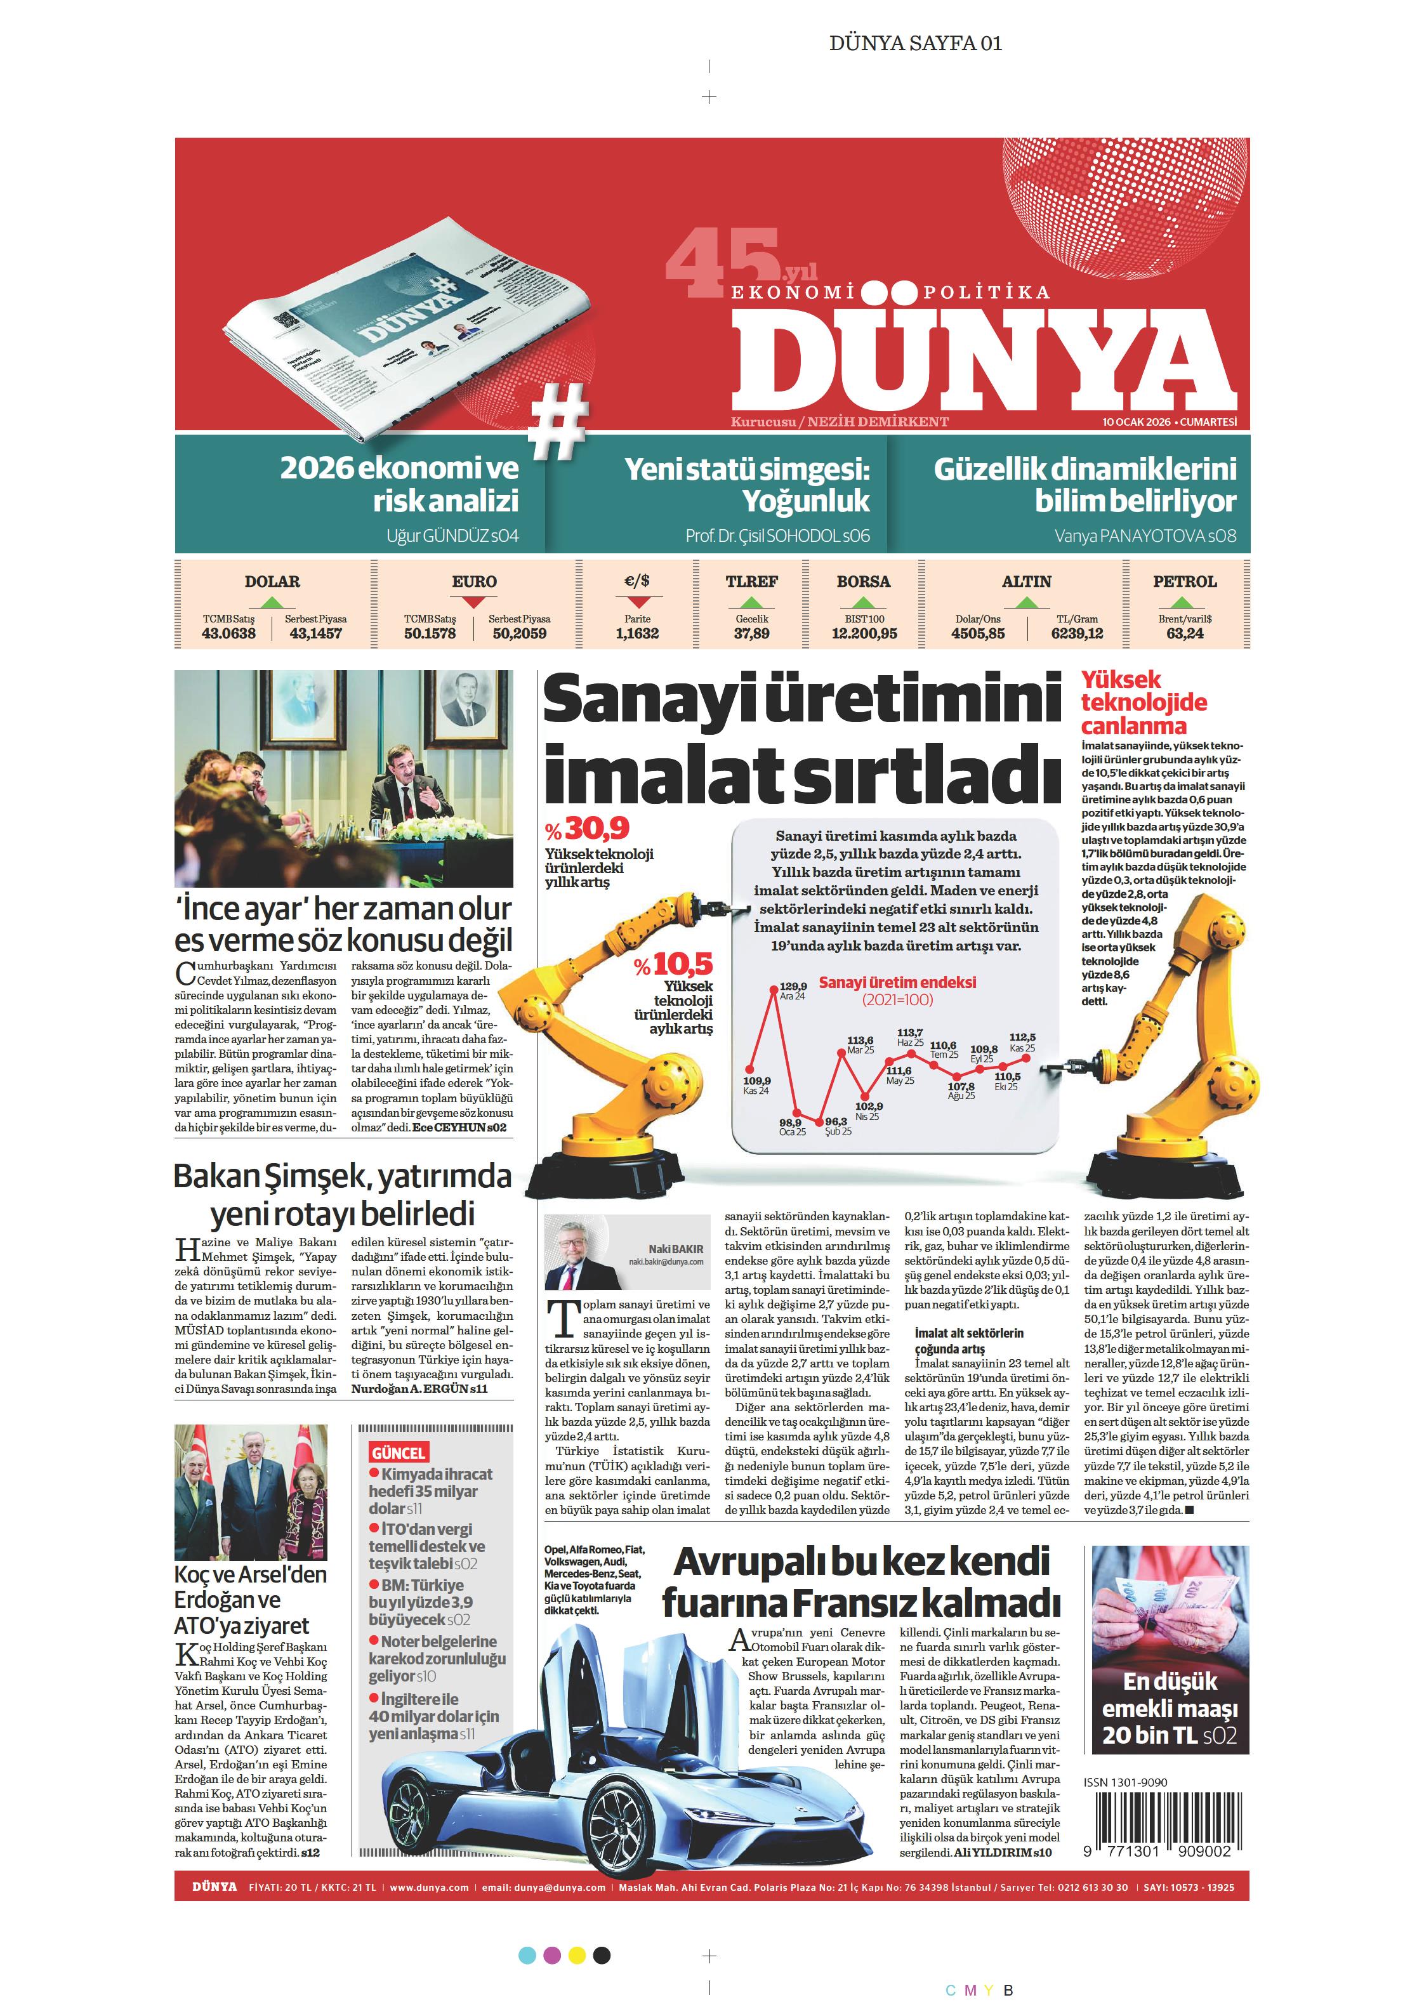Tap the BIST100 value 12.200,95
click(x=864, y=633)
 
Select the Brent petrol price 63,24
click(x=1185, y=633)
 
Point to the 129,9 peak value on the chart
click(x=793, y=986)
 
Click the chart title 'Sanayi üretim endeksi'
click(x=897, y=982)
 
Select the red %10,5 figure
click(x=674, y=966)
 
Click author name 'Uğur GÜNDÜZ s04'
click(x=452, y=536)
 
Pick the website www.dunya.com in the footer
click(x=429, y=1888)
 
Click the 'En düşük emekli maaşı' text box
click(x=1170, y=1708)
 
